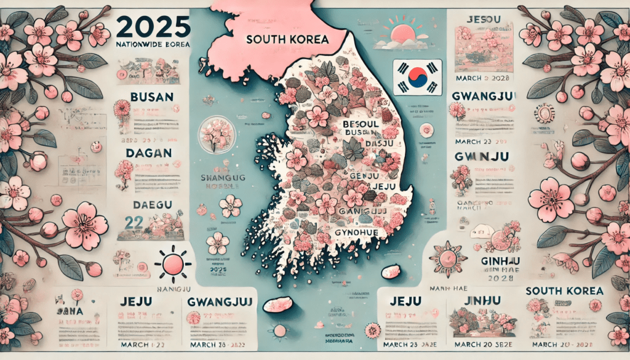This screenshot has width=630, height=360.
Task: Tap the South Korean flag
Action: coord(418,77)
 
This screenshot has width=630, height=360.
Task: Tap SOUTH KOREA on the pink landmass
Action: coord(287,38)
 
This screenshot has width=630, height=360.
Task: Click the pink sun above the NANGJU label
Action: coord(172,264)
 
